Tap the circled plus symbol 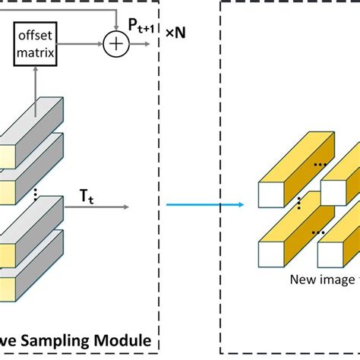[x=115, y=46]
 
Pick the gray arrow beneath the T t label [x=99, y=205]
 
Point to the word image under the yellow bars [x=338, y=279]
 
